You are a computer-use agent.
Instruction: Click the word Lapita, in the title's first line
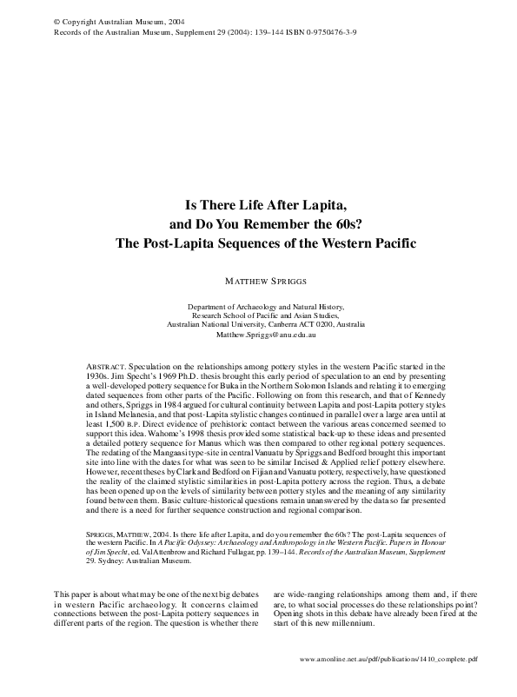click(313, 206)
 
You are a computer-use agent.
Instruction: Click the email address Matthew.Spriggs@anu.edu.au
click(266, 333)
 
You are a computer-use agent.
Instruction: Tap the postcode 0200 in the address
click(303, 323)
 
